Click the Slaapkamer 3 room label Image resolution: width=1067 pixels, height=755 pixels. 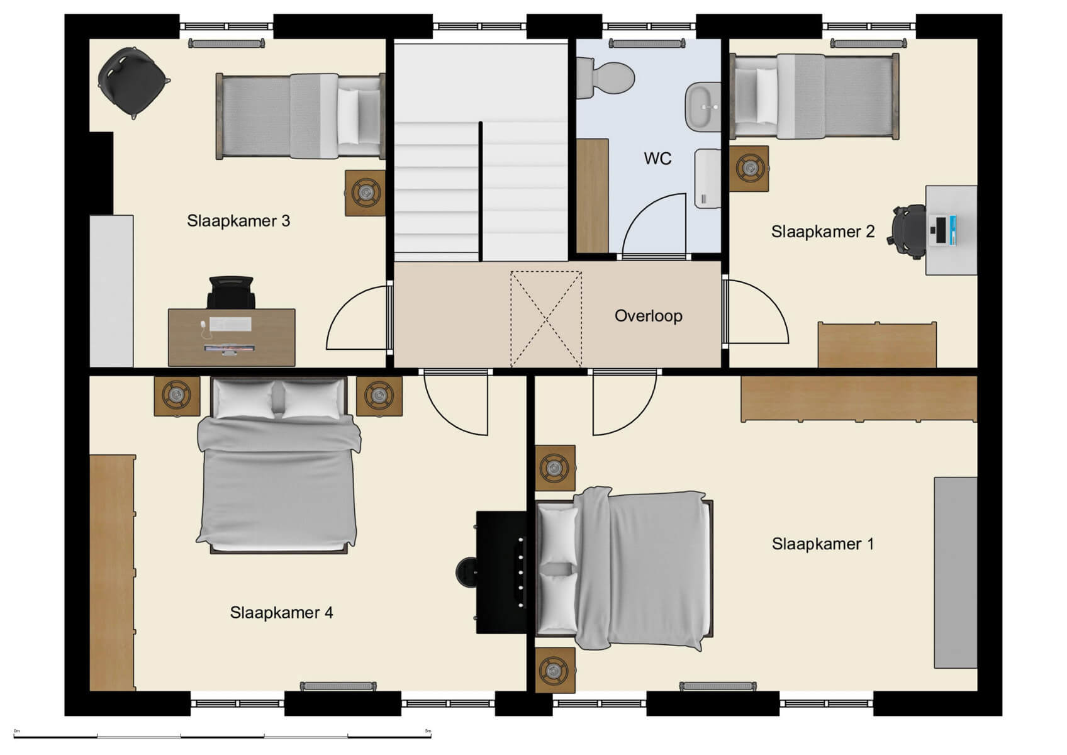point(238,221)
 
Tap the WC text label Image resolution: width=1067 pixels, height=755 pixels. point(657,159)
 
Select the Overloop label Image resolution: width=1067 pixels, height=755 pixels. point(648,316)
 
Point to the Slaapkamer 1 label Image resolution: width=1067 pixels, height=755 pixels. point(822,544)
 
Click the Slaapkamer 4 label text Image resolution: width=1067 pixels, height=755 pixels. point(281,612)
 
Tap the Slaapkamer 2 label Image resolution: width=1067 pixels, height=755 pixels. point(822,232)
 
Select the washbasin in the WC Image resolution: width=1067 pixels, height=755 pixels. point(702,107)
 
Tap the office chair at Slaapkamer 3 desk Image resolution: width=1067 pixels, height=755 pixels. point(231,292)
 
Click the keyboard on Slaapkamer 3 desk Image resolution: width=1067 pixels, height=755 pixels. point(230,324)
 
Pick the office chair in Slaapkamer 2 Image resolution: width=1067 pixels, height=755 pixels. point(909,231)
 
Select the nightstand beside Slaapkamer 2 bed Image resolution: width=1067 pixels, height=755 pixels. point(749,169)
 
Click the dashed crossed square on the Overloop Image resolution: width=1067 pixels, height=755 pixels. point(545,319)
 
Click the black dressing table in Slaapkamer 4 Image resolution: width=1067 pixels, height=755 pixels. point(501,571)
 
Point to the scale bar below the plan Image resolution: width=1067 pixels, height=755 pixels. point(221,735)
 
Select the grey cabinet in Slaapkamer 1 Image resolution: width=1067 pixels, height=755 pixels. point(954,572)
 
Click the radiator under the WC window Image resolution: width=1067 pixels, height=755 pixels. point(646,44)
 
